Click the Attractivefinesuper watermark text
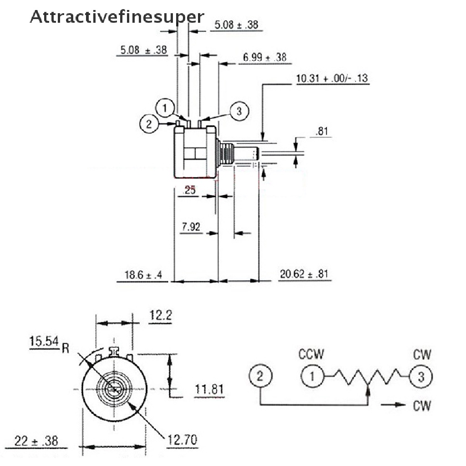coord(116,17)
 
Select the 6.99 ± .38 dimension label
coord(264,57)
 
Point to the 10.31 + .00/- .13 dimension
coord(332,79)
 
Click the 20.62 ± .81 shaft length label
coord(304,274)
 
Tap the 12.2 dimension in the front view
coord(160,315)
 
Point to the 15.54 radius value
coord(45,341)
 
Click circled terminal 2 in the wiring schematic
coord(260,377)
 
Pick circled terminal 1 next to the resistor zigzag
coord(312,376)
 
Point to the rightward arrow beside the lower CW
coord(393,405)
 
